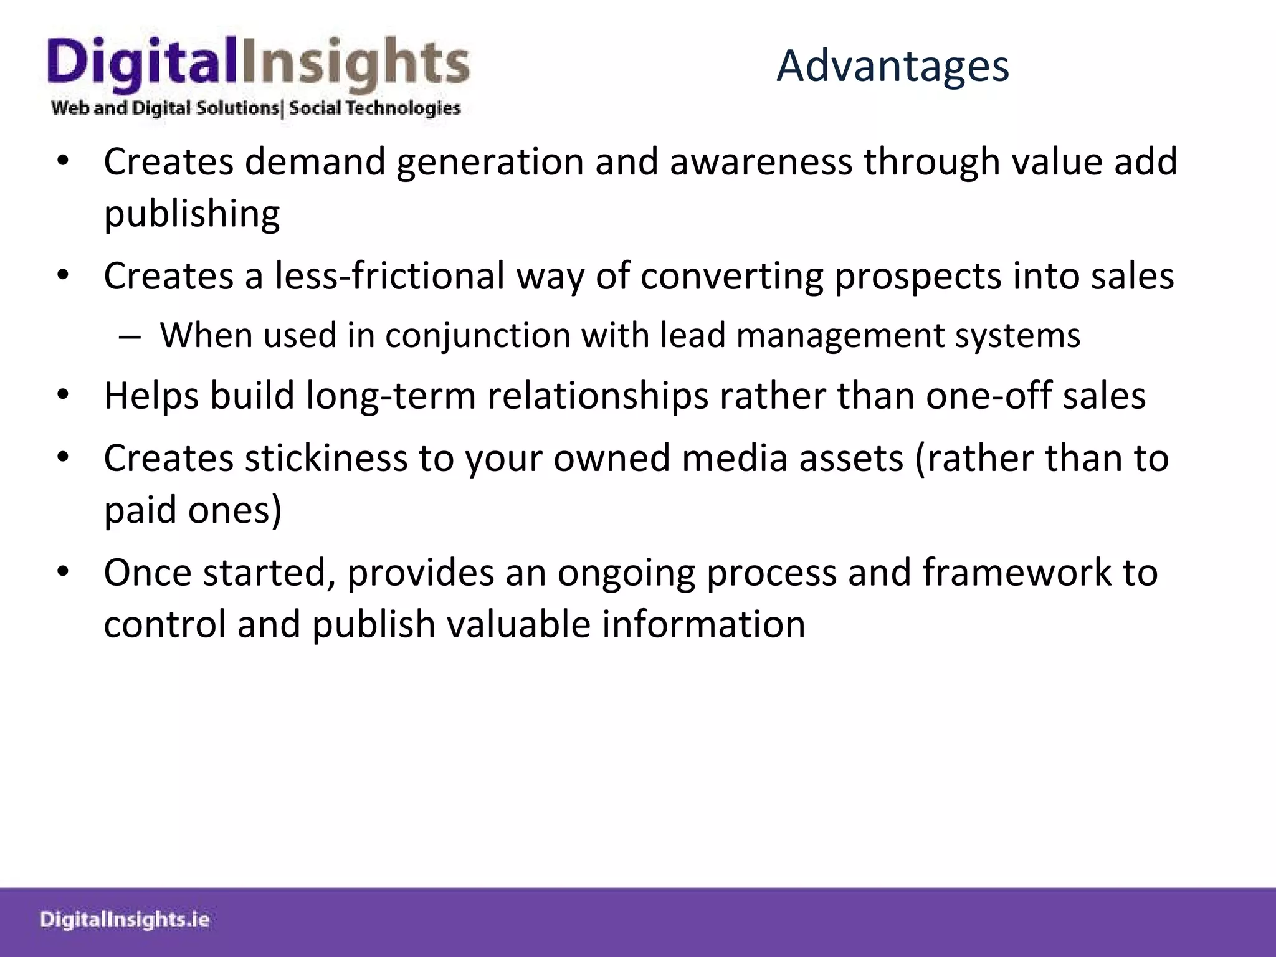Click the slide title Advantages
(x=892, y=66)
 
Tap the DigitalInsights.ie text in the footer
(x=125, y=920)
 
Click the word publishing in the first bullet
(x=192, y=214)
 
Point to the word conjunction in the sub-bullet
(x=477, y=335)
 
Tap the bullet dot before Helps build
(x=62, y=395)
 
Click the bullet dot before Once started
(x=62, y=571)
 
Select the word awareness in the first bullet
(x=760, y=162)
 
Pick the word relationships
(x=598, y=396)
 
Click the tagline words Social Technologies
(x=374, y=108)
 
